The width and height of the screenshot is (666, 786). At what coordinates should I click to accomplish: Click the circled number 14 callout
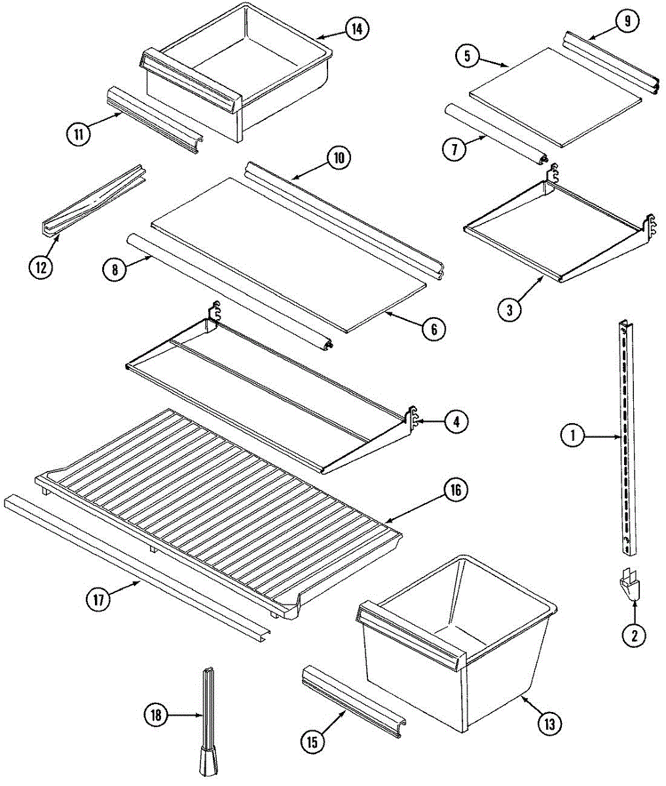[358, 29]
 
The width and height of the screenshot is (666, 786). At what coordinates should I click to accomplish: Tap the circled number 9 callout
[627, 22]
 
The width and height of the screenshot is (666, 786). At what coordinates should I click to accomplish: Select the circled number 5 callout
[467, 56]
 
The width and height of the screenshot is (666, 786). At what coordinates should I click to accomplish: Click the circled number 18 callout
[156, 716]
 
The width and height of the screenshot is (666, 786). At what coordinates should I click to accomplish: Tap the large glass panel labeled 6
[288, 252]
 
